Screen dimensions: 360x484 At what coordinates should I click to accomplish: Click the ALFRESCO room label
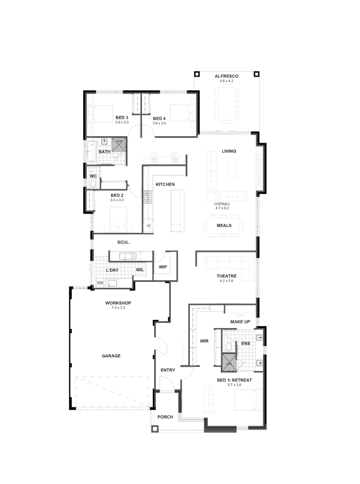point(227,76)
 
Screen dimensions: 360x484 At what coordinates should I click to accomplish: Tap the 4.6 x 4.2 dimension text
point(227,81)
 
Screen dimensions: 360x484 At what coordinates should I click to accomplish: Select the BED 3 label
point(122,118)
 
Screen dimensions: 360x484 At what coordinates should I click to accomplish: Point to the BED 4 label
point(159,119)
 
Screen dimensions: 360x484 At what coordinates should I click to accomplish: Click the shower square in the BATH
point(119,145)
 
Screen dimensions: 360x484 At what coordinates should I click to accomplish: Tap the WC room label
point(93,176)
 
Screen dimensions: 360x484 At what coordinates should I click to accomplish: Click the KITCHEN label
point(165,184)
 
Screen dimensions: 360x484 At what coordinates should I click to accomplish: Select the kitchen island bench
point(178,210)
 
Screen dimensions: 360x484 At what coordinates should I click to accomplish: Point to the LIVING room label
point(229,151)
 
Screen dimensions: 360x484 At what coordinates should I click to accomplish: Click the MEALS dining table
point(224,225)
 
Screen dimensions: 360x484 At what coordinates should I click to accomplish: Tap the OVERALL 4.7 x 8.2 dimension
point(222,206)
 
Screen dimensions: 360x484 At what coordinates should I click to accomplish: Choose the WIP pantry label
point(163,267)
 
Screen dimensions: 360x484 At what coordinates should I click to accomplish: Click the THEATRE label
point(227,276)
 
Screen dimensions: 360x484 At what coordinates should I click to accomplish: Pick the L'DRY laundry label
point(112,270)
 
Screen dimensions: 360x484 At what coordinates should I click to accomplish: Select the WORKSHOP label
point(118,303)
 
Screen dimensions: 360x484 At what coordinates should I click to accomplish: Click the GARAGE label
point(111,356)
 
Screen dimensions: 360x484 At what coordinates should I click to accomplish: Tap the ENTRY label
point(168,370)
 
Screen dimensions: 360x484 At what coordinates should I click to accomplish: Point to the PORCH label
point(165,417)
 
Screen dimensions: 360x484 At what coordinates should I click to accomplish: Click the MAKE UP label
point(240,321)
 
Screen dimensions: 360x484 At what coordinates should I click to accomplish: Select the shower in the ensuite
point(229,363)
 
